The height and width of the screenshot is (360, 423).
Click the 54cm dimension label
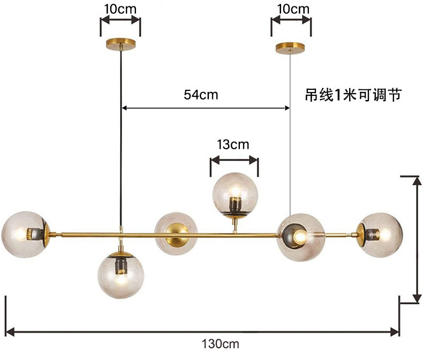point(201,95)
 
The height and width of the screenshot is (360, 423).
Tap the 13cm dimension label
point(233,144)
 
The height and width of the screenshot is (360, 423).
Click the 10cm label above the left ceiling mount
point(120,9)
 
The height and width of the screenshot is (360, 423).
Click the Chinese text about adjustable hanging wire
point(352,95)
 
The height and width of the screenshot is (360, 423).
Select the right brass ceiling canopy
point(290,47)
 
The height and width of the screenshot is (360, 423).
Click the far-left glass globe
point(25,234)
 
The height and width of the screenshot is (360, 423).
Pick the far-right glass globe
point(380,234)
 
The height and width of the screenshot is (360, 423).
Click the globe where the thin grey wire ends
point(300,236)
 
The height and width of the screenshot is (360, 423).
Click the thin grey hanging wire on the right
point(290,160)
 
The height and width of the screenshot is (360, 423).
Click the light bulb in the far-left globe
point(20,234)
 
